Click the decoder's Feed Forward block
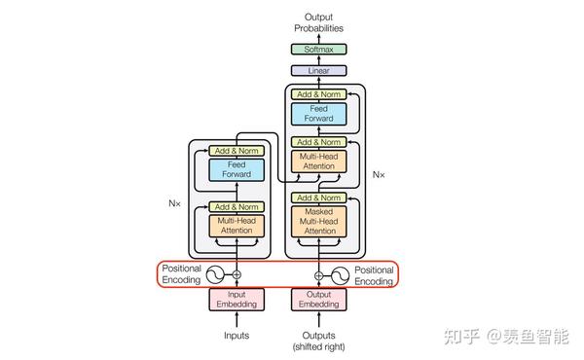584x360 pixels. coord(319,114)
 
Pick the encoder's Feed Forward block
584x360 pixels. coord(236,169)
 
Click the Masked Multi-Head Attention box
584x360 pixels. coord(319,221)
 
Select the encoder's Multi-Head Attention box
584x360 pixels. coord(236,226)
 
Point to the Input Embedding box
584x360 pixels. coord(236,300)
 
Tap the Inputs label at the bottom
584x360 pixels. coord(236,336)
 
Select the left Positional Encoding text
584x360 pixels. coord(181,274)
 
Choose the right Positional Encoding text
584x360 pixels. coord(375,274)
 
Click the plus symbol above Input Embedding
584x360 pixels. coord(236,275)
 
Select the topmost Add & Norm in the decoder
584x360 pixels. coord(319,93)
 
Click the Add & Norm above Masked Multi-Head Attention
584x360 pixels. coord(319,198)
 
